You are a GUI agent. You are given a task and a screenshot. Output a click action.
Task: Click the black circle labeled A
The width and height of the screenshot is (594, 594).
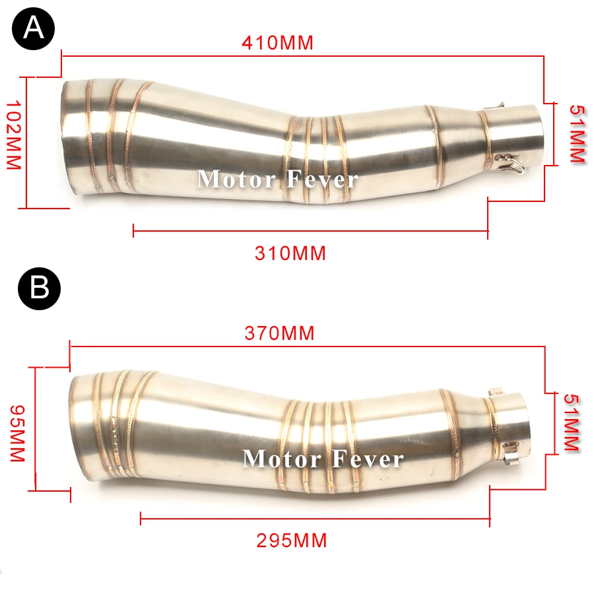point(34,29)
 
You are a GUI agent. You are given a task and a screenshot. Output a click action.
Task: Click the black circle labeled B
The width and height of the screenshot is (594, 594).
point(40,288)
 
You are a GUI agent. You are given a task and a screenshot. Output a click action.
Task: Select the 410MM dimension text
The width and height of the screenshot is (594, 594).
point(278,42)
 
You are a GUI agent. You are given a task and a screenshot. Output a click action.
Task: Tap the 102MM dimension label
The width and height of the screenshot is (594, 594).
point(14,135)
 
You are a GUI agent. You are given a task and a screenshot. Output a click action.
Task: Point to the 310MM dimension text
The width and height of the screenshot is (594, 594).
point(290,253)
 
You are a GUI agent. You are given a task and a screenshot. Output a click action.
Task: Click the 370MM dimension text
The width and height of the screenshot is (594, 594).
point(280,333)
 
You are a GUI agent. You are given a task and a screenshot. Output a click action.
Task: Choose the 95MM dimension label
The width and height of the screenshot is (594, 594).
point(17,434)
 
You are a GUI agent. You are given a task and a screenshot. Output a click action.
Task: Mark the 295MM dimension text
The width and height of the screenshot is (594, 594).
point(292,540)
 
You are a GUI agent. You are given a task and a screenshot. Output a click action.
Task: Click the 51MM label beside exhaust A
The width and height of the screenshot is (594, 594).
point(577,134)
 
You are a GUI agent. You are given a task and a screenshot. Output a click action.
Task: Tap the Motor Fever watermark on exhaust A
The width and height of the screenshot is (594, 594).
point(278,179)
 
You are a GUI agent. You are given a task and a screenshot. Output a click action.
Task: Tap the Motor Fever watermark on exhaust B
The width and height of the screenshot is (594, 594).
point(323,459)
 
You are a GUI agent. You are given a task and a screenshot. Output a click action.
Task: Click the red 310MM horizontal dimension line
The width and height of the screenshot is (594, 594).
point(311,230)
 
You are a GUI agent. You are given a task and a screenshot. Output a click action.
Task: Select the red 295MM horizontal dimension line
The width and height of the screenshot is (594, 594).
point(315,518)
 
